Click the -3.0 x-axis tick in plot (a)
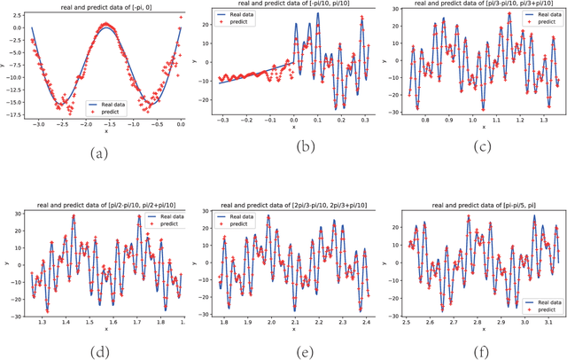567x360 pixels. coord(38,126)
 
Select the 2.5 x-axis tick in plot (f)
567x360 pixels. coord(407,323)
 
